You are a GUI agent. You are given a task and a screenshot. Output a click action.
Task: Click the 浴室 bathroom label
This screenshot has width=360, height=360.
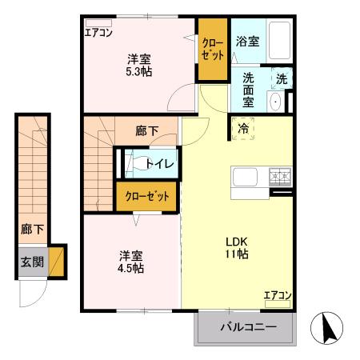pyautogui.click(x=246, y=42)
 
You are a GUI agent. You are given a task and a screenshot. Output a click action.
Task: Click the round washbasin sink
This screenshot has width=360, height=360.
pyautogui.click(x=275, y=101)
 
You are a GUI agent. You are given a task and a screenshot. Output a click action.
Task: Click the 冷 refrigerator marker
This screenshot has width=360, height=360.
pyautogui.click(x=242, y=128)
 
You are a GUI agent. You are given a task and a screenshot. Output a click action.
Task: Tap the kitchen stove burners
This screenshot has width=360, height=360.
pyautogui.click(x=280, y=175)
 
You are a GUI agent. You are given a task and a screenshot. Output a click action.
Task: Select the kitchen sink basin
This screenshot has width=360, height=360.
pyautogui.click(x=243, y=177)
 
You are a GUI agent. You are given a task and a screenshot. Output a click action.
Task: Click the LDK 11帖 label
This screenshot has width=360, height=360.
pyautogui.click(x=236, y=247)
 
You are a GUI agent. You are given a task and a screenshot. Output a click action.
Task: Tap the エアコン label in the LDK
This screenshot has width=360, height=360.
pyautogui.click(x=277, y=296)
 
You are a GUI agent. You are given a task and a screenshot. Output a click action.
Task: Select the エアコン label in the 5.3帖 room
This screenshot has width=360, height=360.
pyautogui.click(x=98, y=33)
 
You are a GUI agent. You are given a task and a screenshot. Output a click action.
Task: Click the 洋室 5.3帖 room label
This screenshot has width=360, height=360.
pyautogui.click(x=139, y=65)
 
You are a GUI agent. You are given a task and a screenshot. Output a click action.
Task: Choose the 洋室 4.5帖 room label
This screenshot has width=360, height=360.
pyautogui.click(x=131, y=262)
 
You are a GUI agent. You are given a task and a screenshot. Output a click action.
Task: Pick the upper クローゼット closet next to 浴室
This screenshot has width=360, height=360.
pyautogui.click(x=212, y=49)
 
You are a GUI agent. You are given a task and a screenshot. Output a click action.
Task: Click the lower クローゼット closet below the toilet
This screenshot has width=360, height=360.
pyautogui.click(x=148, y=197)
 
